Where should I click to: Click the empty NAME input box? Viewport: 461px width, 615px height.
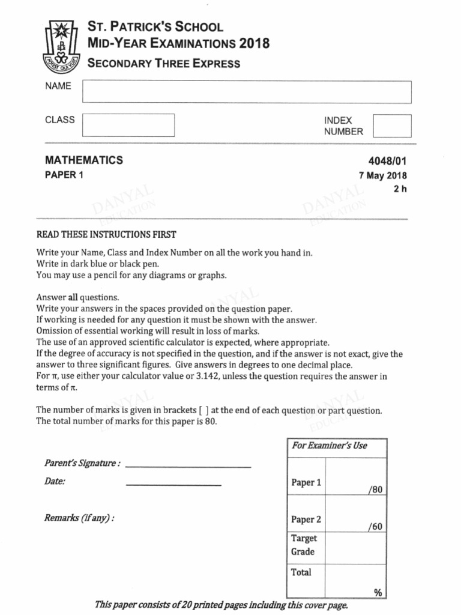click(x=247, y=92)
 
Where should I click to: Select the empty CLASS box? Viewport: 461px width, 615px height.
click(x=128, y=125)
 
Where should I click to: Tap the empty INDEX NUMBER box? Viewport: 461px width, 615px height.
click(x=392, y=126)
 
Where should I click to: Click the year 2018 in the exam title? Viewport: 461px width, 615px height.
click(x=255, y=43)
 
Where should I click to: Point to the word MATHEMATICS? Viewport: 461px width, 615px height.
click(x=84, y=160)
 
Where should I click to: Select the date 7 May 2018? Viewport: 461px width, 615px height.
click(x=382, y=176)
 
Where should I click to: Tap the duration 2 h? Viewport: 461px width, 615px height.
click(x=400, y=189)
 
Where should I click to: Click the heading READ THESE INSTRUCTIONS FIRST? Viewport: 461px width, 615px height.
click(x=106, y=235)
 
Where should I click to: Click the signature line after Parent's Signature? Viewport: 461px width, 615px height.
click(x=188, y=466)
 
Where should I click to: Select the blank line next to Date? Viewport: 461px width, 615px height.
click(x=173, y=484)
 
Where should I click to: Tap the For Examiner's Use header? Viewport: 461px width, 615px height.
click(x=330, y=446)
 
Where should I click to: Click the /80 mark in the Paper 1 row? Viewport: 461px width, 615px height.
click(x=375, y=490)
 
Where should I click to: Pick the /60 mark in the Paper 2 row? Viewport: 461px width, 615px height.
click(x=375, y=527)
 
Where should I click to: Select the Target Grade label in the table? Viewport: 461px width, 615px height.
click(x=304, y=545)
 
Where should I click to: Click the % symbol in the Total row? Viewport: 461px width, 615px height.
click(x=378, y=593)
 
